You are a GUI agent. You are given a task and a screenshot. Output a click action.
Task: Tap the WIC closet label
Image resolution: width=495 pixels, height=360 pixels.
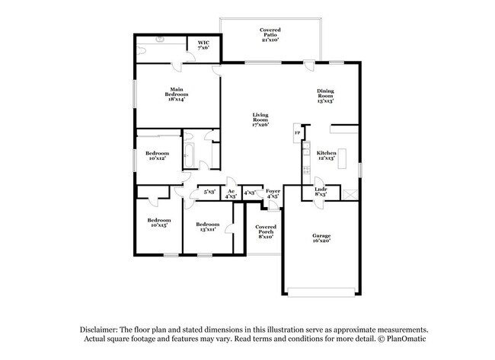click(203, 45)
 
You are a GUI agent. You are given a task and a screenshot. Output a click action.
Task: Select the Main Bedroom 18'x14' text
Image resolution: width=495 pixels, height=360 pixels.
click(175, 94)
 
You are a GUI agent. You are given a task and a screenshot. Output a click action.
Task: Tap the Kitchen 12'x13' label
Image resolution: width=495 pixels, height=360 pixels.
click(326, 156)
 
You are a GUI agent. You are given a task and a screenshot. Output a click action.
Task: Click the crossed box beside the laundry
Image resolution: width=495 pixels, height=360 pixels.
click(350, 194)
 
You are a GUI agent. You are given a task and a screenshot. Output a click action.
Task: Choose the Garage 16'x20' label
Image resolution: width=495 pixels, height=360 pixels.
click(321, 238)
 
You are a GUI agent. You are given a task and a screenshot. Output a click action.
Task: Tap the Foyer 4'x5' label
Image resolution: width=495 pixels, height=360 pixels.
click(272, 193)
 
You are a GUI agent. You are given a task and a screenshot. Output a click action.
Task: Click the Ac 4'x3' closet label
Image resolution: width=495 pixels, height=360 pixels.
click(231, 193)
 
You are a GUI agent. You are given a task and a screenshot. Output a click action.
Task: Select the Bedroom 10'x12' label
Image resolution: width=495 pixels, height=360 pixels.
click(157, 156)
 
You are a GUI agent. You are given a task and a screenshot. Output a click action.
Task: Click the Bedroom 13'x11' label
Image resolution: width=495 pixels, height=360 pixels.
click(206, 226)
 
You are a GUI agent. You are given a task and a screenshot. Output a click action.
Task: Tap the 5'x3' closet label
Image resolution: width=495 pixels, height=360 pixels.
click(209, 193)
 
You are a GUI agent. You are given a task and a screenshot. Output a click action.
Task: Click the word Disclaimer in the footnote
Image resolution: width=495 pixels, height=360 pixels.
click(103, 329)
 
